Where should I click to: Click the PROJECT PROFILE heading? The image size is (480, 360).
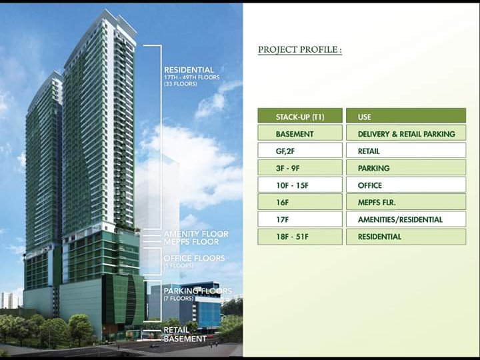tap(299, 50)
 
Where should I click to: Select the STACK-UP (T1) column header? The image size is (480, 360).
tap(299, 116)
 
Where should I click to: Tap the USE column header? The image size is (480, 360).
tap(405, 116)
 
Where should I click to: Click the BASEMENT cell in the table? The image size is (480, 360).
tap(299, 133)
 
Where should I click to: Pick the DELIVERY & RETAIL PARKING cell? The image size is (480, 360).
tap(405, 133)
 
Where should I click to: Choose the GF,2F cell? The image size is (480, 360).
tap(299, 151)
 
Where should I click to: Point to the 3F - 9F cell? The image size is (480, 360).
tap(299, 168)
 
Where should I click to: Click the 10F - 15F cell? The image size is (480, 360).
tap(299, 185)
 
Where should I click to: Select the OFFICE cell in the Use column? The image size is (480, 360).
tap(405, 185)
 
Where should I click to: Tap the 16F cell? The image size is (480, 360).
tap(299, 202)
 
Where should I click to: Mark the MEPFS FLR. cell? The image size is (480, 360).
tap(405, 202)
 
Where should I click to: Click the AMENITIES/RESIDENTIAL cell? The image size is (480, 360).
tap(405, 219)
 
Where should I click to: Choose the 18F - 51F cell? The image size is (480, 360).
tap(299, 237)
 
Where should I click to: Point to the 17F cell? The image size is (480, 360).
tap(299, 219)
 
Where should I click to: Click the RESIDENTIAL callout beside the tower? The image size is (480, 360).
tap(189, 70)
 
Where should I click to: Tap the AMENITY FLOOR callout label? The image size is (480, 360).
tap(195, 234)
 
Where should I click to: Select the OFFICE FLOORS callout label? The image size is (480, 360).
tap(194, 258)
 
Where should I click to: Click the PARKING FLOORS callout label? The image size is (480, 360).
tap(197, 291)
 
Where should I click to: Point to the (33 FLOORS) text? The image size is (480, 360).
tap(180, 85)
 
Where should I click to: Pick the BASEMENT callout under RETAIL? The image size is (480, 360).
tap(185, 339)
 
